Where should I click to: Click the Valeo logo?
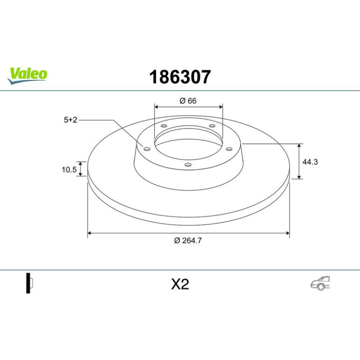[x=27, y=76]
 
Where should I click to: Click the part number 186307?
[x=180, y=77]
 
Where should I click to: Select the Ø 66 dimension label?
[x=188, y=101]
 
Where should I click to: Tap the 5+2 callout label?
[x=71, y=120]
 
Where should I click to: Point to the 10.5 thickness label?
[x=69, y=170]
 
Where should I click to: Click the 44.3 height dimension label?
[x=310, y=162]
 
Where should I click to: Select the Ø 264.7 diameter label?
[x=188, y=240]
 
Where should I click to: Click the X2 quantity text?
[x=180, y=284]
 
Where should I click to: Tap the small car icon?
[x=320, y=283]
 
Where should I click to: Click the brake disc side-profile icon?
[x=29, y=283]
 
